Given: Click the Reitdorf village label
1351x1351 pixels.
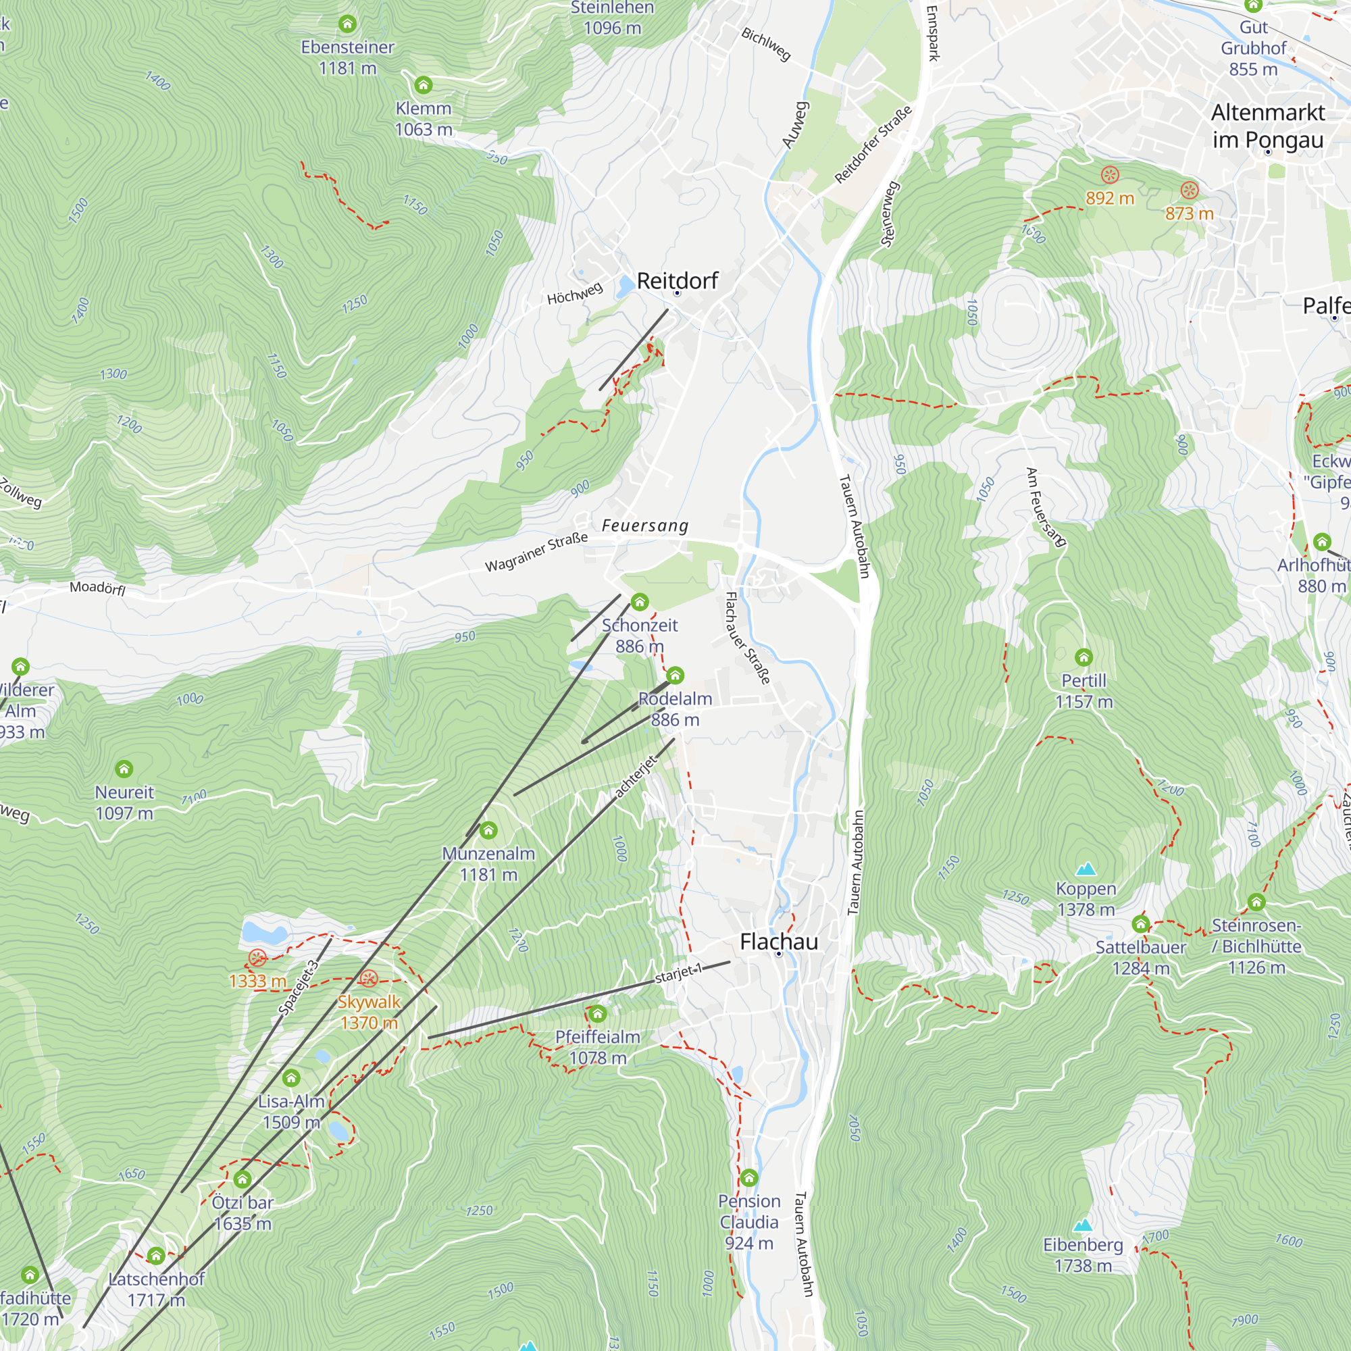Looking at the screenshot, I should click(x=677, y=281).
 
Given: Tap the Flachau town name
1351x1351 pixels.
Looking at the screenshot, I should click(x=778, y=942).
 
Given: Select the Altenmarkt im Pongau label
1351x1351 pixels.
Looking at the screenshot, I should click(x=1267, y=126).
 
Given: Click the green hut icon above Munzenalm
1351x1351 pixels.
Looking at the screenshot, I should click(x=488, y=830).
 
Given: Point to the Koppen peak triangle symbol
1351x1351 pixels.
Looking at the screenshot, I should click(x=1086, y=869).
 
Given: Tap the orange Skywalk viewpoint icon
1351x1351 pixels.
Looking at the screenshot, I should click(x=369, y=978).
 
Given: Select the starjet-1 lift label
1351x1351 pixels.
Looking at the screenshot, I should click(x=678, y=973).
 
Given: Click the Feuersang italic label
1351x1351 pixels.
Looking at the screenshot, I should click(x=644, y=525).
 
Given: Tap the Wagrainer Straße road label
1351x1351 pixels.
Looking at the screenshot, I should click(x=536, y=553).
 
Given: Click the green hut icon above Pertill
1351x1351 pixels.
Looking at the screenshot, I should click(x=1084, y=657).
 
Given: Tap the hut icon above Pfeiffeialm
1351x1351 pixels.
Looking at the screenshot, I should click(x=597, y=1013).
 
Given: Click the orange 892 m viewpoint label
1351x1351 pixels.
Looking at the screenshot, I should click(x=1109, y=198).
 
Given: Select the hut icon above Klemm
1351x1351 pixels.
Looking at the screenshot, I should click(x=423, y=85).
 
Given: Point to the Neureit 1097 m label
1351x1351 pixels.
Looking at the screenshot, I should click(x=124, y=802).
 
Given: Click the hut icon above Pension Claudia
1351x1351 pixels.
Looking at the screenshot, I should click(x=749, y=1177).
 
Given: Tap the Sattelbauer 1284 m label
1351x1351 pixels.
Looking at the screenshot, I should click(x=1140, y=957).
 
